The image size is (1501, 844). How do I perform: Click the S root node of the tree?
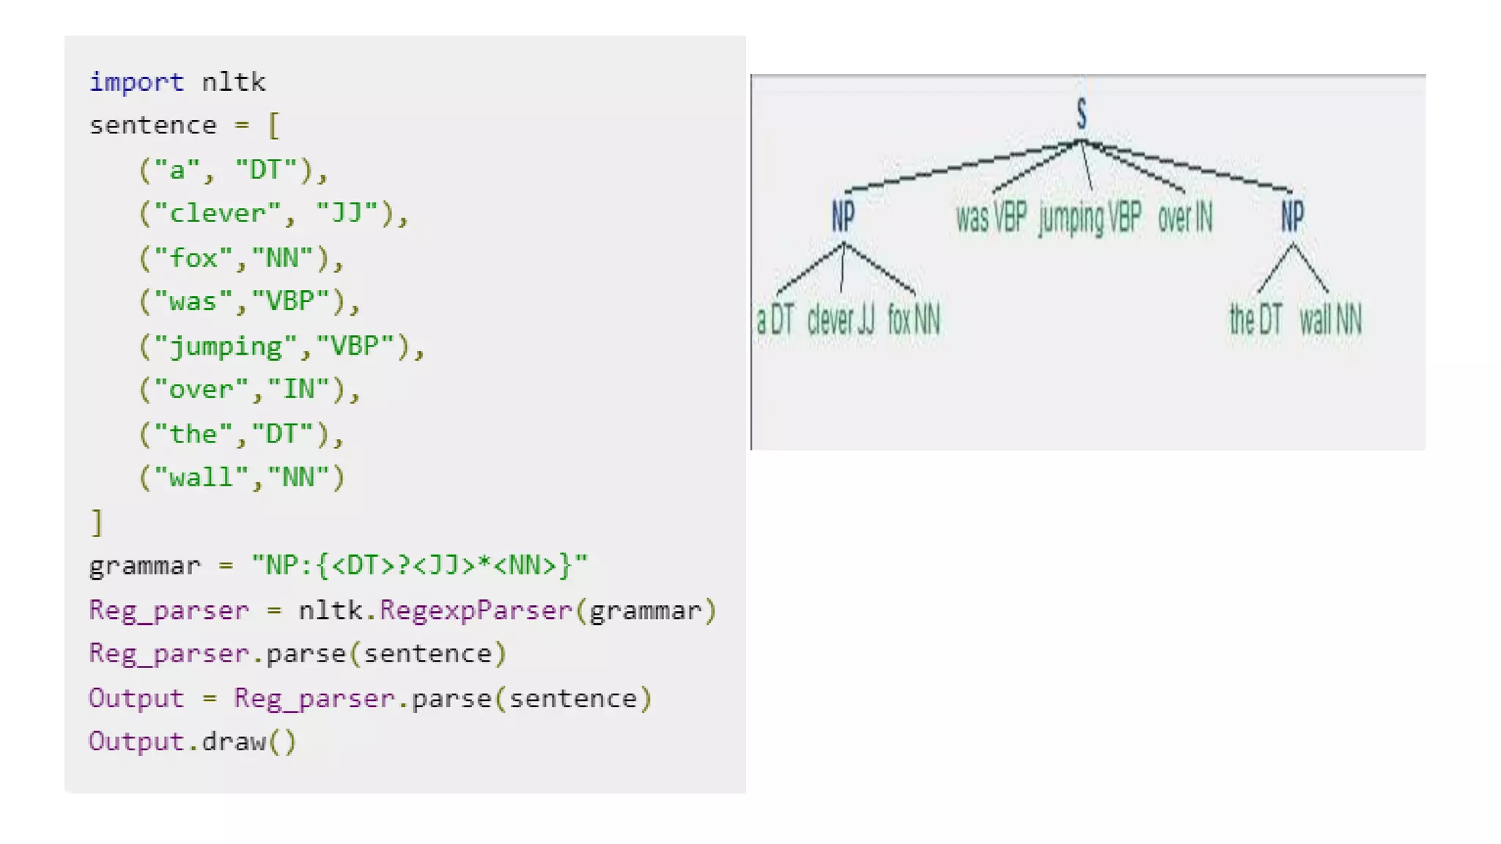(1082, 114)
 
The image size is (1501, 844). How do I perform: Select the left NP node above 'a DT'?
(843, 216)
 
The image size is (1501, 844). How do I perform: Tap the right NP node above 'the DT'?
(1292, 216)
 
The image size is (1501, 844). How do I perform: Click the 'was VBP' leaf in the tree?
(991, 218)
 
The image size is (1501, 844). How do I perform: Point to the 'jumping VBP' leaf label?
(1090, 218)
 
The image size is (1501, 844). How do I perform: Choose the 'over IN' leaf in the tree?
(1185, 218)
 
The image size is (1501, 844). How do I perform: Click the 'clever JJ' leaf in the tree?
(841, 320)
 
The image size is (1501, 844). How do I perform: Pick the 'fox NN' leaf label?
(913, 320)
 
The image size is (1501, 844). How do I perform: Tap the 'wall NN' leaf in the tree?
(1330, 320)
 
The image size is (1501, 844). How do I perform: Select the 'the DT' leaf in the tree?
(1255, 320)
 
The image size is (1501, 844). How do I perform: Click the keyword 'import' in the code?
(136, 81)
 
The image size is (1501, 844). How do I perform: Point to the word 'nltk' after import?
(233, 81)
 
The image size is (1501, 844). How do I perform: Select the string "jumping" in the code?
(226, 346)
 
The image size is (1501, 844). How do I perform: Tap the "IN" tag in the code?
(299, 389)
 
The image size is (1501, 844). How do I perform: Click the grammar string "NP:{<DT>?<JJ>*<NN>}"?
(418, 566)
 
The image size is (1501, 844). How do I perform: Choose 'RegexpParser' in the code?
(475, 610)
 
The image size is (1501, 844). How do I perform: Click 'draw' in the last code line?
(233, 741)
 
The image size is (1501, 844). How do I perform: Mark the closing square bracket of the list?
(97, 522)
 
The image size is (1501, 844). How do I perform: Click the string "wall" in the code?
(202, 478)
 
